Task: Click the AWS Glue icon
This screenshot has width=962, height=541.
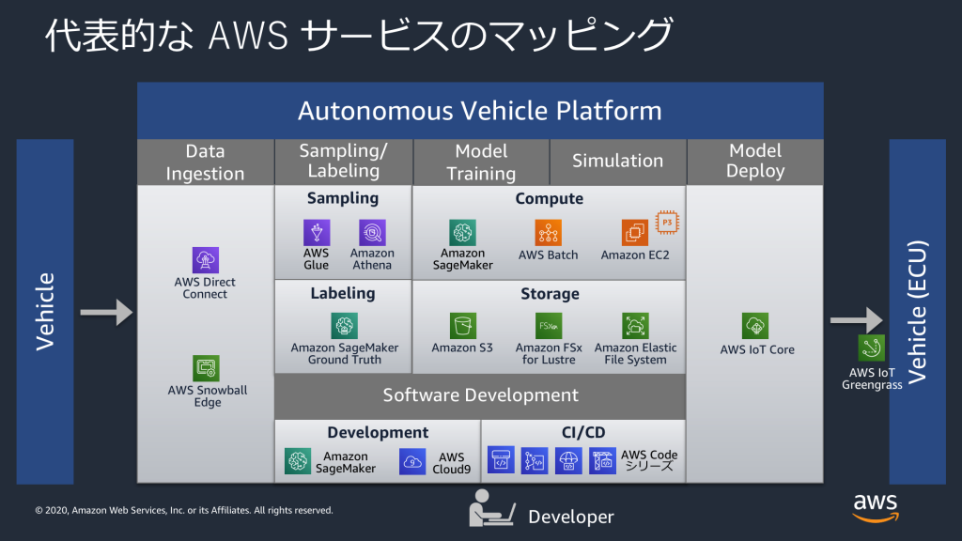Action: [317, 233]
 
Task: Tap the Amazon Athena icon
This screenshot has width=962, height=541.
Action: [372, 233]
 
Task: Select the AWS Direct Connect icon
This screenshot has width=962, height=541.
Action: [206, 260]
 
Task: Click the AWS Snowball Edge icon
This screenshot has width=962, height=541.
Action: [207, 368]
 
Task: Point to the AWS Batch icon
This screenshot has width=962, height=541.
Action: [548, 233]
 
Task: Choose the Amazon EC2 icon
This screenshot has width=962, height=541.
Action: [635, 233]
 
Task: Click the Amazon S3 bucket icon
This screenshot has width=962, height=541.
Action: [462, 326]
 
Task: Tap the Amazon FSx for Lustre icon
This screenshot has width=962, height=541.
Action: [550, 326]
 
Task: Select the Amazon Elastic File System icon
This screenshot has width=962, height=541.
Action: [635, 326]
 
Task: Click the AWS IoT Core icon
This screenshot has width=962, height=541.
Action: [756, 326]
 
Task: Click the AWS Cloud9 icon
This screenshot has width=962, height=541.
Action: [412, 460]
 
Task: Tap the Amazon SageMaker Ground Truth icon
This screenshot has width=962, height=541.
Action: [345, 326]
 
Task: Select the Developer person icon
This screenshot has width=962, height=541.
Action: [491, 508]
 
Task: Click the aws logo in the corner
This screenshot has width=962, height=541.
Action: [875, 506]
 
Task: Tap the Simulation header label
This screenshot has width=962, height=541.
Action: [617, 162]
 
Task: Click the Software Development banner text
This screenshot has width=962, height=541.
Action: [480, 395]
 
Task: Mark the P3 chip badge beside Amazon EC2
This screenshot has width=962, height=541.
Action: [667, 222]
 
